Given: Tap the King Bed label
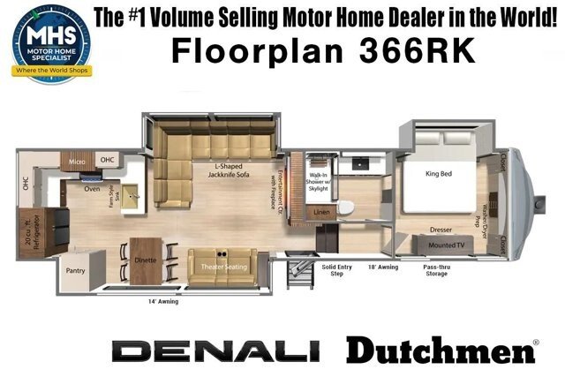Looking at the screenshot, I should point(439,174).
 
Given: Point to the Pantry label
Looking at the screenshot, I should point(75,272).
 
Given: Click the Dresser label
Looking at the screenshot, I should point(441,228).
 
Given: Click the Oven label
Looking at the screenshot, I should point(91,187).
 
